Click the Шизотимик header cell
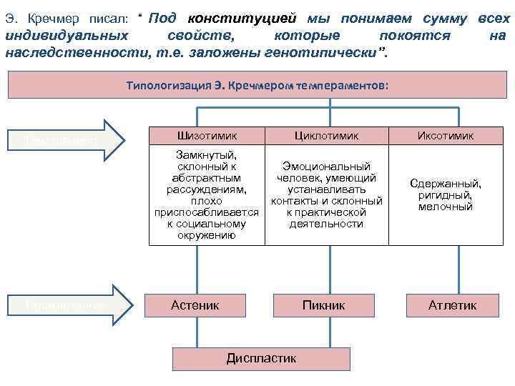206,135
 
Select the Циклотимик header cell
326,135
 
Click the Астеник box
195,305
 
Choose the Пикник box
323,305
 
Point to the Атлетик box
452,305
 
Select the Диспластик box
261,358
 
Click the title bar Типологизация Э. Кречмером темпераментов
257,85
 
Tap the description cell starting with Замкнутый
206,194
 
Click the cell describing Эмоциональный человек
326,194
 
